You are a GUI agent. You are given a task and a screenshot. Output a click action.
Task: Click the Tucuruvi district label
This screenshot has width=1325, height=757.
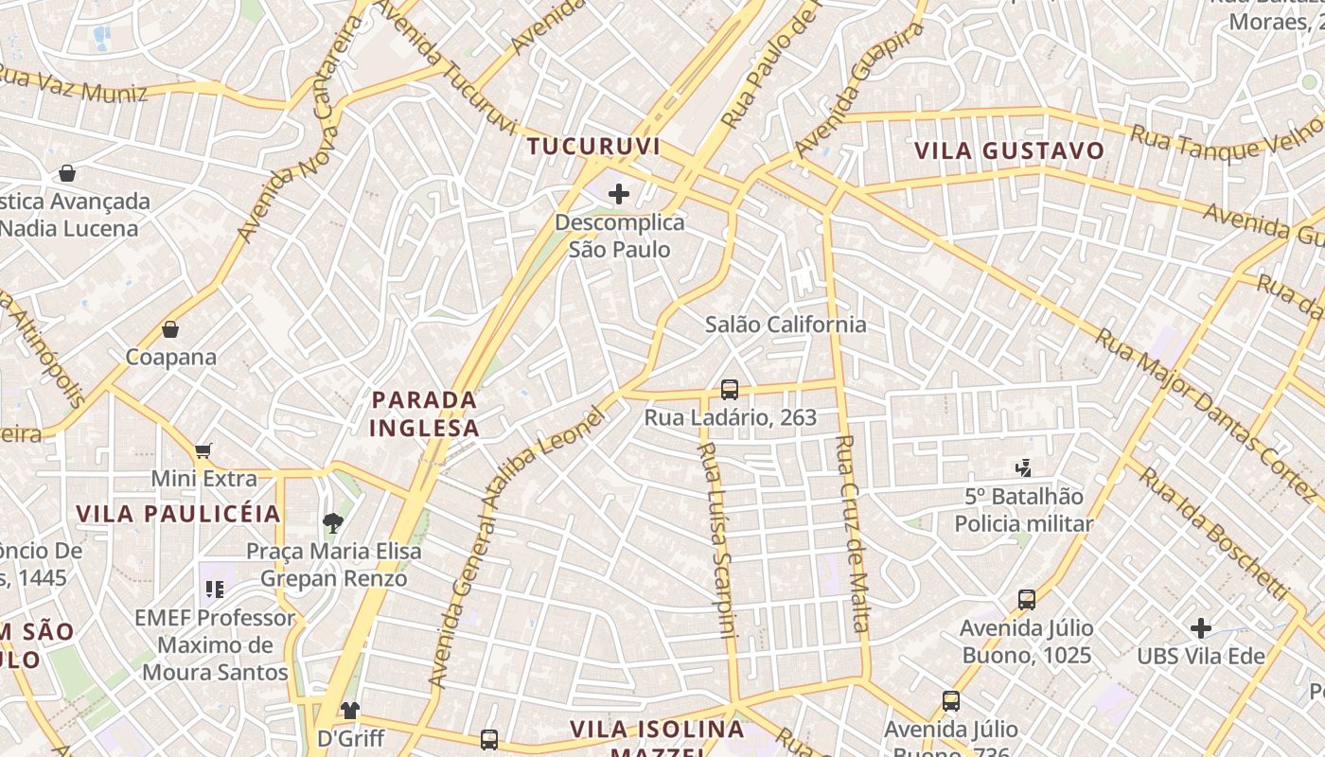coord(593,147)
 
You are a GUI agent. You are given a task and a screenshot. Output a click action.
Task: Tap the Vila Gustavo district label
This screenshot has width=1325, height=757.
coord(1010,150)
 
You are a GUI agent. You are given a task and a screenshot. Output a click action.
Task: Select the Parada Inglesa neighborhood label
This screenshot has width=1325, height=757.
coord(425,414)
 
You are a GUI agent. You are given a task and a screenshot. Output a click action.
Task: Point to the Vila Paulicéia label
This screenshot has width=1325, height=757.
coord(179,514)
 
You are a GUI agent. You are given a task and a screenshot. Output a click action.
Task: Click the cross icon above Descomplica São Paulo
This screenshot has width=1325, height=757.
coord(619,194)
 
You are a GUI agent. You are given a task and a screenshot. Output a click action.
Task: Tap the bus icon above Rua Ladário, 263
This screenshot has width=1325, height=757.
coord(729,389)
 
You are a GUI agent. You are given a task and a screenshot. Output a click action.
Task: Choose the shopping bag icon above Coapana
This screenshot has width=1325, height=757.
coord(170,329)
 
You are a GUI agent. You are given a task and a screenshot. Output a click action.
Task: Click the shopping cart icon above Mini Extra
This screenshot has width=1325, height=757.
coord(203,450)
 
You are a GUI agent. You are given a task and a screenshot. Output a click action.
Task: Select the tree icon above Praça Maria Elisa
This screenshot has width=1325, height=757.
coord(332,521)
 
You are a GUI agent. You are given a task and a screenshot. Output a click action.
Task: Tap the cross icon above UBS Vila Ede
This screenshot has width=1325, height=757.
coord(1200,627)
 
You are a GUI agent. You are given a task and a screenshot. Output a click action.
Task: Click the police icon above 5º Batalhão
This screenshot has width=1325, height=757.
coord(1023,467)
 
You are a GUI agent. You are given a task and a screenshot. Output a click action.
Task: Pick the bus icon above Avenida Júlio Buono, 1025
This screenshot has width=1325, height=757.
coord(1027,599)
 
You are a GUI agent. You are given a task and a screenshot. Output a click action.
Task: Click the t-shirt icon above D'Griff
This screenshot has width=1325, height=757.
coord(350,710)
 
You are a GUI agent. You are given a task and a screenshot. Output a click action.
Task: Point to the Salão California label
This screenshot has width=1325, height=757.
coord(786,325)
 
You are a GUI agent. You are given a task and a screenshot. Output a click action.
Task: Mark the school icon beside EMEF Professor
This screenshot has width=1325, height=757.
coord(214,590)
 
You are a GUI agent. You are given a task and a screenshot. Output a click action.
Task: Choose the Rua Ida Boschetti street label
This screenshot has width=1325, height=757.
coord(1214,532)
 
